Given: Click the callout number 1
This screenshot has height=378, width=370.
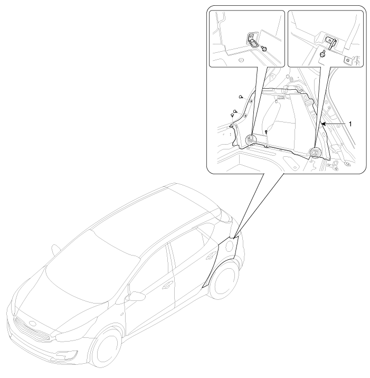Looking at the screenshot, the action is click(350, 124).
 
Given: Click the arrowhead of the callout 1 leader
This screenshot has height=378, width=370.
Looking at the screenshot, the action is click(323, 124).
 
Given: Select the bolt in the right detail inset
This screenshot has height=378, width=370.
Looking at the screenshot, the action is click(322, 54).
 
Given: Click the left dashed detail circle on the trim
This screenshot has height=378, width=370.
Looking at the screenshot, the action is click(251, 139).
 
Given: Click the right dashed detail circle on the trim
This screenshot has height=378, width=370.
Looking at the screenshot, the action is click(315, 153).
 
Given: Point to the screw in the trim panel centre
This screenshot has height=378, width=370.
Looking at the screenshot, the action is click(266, 132).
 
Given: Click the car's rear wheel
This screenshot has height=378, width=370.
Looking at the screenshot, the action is click(224, 279).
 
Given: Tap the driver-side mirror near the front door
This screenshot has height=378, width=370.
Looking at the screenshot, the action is click(136, 296).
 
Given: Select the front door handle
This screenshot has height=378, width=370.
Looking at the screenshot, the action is click(166, 286).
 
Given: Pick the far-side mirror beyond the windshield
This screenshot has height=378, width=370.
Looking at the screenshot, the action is click(56, 249).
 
